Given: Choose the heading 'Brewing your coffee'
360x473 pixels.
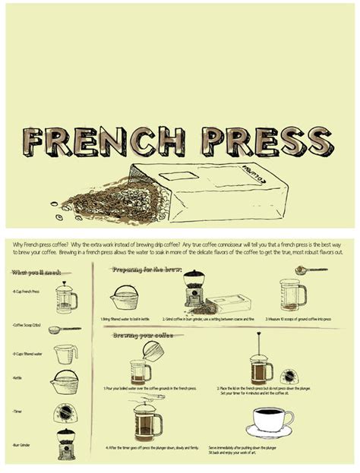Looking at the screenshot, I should (145, 335).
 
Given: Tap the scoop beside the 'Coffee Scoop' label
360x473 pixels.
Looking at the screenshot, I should (64, 330).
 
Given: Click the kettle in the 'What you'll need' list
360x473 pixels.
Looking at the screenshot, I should (65, 380).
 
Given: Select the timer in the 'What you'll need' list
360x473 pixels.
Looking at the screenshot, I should (65, 412).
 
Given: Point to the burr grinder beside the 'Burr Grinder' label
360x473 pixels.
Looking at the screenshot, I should (66, 443).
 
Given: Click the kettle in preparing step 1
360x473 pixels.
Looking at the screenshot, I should (125, 297).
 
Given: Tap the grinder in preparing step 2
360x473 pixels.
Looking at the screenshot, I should (194, 290).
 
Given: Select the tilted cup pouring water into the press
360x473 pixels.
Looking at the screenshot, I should (153, 350).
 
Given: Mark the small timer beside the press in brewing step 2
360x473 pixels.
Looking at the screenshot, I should (289, 376).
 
